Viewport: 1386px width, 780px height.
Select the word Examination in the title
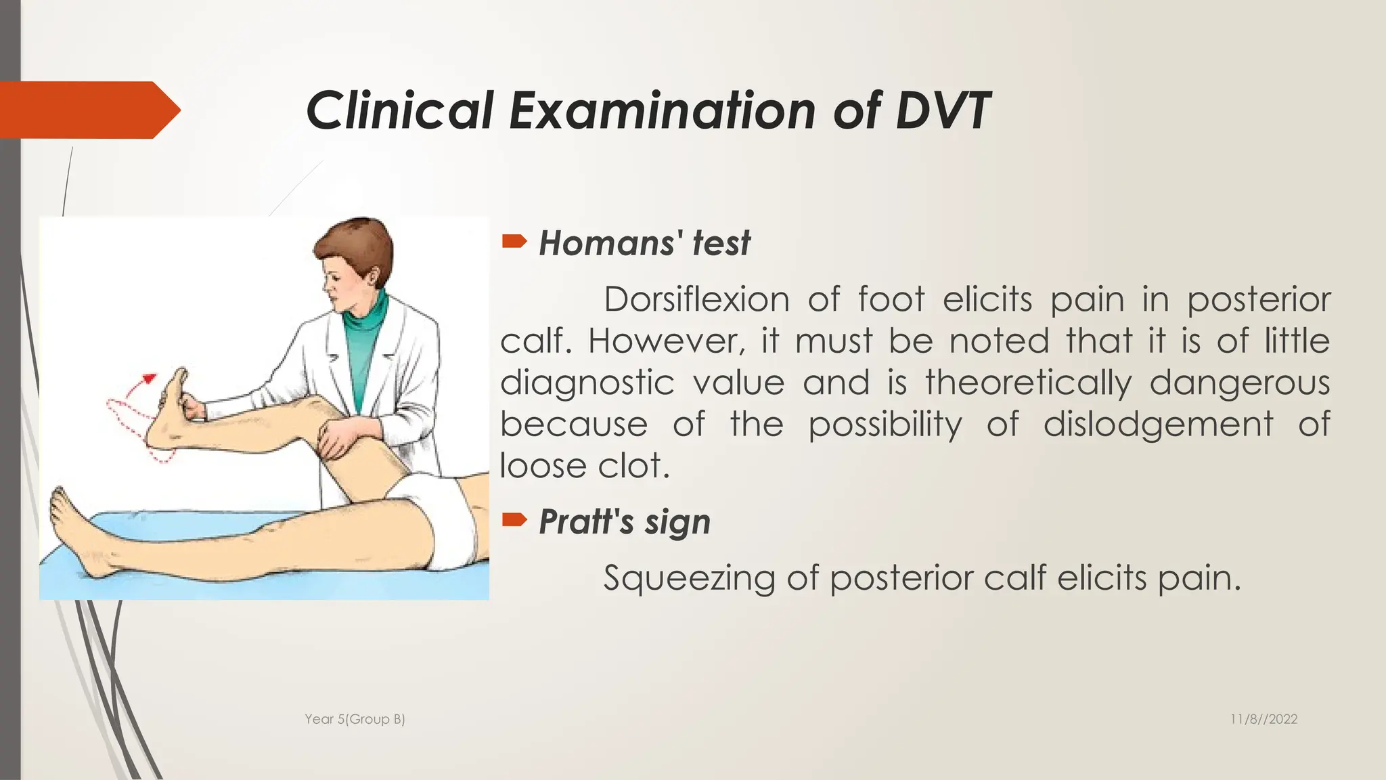(x=662, y=110)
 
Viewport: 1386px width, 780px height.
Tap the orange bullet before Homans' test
(x=514, y=241)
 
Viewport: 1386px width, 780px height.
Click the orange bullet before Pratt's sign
(x=514, y=520)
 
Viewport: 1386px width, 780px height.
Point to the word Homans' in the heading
(x=606, y=243)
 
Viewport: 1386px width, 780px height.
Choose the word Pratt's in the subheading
(x=586, y=522)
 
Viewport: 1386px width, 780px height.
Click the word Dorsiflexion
(x=696, y=299)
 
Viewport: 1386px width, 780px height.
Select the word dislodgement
(x=1158, y=425)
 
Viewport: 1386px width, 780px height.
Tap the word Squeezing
(x=688, y=579)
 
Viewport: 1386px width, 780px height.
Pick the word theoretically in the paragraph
(x=1028, y=383)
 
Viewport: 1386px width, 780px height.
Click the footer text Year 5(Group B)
(x=355, y=719)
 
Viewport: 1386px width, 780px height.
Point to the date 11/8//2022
(x=1264, y=719)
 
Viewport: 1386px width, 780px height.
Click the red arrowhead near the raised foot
(x=150, y=377)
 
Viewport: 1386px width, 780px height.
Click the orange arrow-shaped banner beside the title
(x=88, y=110)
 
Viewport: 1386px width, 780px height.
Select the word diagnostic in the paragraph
(x=587, y=383)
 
